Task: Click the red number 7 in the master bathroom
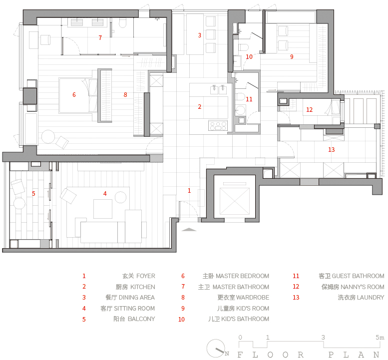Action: pos(100,38)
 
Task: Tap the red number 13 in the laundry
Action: pos(332,149)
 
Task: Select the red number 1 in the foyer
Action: pos(189,191)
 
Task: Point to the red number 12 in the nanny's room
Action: pos(309,110)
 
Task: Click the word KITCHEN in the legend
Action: pos(142,287)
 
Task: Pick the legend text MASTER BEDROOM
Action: pos(242,276)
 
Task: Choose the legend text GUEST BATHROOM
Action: pos(358,276)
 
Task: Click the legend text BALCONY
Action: pos(141,319)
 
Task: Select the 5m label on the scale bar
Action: pos(380,337)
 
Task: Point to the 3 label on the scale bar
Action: pos(323,337)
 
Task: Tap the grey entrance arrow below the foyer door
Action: pos(189,229)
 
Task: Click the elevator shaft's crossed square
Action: pos(234,201)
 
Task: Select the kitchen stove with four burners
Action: pos(218,126)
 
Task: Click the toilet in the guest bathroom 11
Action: pos(240,96)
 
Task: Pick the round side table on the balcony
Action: pos(19,203)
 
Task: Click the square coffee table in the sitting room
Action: pos(103,209)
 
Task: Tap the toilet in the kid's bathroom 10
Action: pos(243,47)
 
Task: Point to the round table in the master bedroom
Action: pos(48,137)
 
